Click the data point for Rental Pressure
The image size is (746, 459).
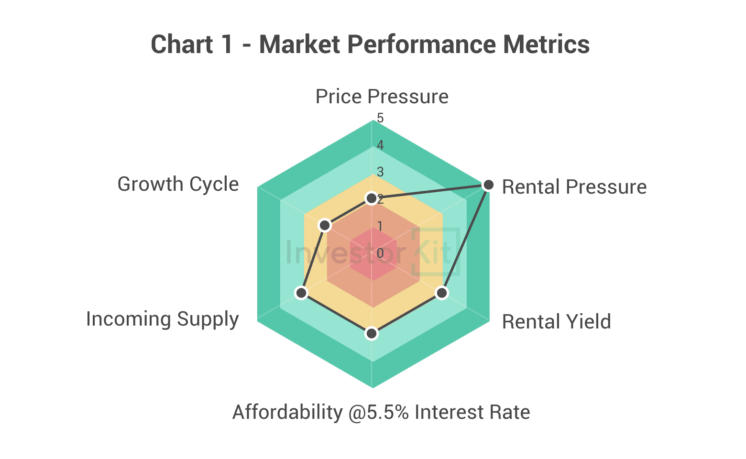point(488,185)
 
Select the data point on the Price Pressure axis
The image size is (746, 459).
point(372,198)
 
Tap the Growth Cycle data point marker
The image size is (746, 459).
point(325,225)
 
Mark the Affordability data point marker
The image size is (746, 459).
point(372,333)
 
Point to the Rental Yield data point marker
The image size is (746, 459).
point(442,293)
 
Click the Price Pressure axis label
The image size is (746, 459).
point(382,97)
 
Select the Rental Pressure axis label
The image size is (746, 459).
point(574,187)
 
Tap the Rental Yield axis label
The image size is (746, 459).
point(556,322)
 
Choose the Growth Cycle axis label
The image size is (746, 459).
point(178,184)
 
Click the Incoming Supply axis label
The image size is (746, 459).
point(162,319)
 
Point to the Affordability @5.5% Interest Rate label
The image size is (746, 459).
point(381,412)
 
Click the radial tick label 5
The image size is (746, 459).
point(380,118)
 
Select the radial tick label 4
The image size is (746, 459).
point(380,145)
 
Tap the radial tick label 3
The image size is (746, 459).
point(380,172)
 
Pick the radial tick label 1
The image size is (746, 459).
point(380,226)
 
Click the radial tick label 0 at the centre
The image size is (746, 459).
point(380,253)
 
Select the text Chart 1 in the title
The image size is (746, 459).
point(192,44)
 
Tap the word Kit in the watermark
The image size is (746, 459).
point(433,252)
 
